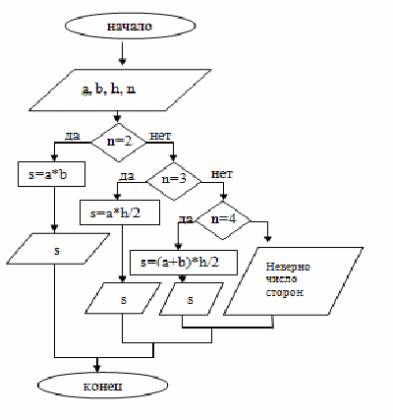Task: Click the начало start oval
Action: (x=131, y=26)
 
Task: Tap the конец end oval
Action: (x=103, y=386)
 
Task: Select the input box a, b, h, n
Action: (x=120, y=90)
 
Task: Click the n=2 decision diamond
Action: (x=119, y=143)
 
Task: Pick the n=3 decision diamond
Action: (x=174, y=181)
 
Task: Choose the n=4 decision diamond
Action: (x=223, y=220)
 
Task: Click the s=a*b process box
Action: (x=51, y=174)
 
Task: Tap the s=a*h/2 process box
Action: (x=120, y=212)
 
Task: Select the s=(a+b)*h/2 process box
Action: (x=184, y=263)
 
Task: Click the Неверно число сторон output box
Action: (x=294, y=281)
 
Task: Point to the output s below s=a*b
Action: (x=58, y=249)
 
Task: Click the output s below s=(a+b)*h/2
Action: (x=192, y=299)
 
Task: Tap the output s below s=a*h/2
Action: (x=123, y=298)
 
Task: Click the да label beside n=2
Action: (x=73, y=135)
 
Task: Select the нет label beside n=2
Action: (x=160, y=135)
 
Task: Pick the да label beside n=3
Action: (x=127, y=176)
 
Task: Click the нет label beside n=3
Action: (x=222, y=173)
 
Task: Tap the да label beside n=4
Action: (x=186, y=218)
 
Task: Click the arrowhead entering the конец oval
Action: (x=97, y=368)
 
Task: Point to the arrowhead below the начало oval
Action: (x=123, y=61)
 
